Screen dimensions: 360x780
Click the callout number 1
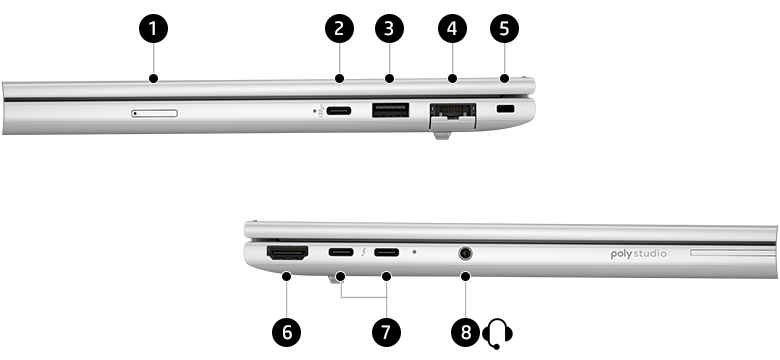coord(153,28)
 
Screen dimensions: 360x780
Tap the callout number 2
coord(339,28)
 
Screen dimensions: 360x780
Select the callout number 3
coord(389,28)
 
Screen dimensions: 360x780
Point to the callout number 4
coord(452,28)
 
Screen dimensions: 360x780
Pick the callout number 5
coord(504,28)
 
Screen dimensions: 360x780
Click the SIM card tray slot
coord(155,112)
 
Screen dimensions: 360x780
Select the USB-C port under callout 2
coord(339,111)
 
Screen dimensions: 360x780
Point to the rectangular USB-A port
coord(388,111)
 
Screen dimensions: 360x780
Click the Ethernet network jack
coord(451,113)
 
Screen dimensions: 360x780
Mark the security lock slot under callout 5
coord(504,109)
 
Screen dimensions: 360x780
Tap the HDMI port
coord(287,254)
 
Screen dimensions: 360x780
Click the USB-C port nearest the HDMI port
coord(341,253)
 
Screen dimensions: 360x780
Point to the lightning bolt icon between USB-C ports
coord(365,253)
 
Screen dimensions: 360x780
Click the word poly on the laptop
coord(623,255)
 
